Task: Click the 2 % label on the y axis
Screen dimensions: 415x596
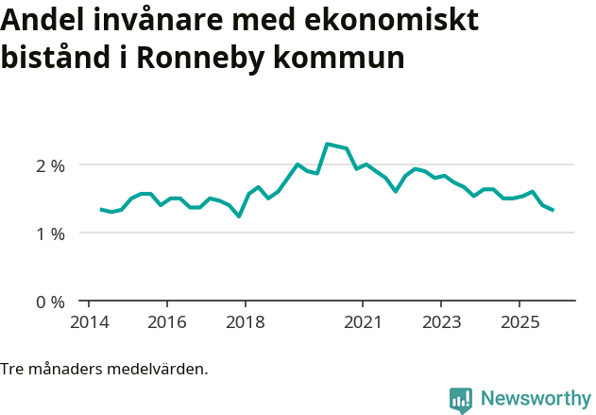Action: pos(50,165)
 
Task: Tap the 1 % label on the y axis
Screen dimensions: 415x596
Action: pos(50,233)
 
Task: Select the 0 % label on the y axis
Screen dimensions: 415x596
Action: pos(50,303)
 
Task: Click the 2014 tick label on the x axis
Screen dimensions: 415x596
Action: pos(88,322)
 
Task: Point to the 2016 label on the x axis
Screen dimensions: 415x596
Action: pos(166,322)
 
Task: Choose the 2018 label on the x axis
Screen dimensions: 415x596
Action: pos(245,322)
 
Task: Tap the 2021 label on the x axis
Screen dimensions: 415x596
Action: pos(363,322)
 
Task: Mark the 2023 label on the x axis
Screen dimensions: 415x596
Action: pos(441,322)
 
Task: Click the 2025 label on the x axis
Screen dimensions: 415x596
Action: pos(519,322)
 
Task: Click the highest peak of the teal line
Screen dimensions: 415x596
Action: pos(327,144)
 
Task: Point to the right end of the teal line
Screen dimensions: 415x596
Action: pos(553,210)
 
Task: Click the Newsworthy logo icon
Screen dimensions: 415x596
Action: pos(461,400)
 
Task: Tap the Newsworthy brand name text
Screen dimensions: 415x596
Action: pos(536,399)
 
